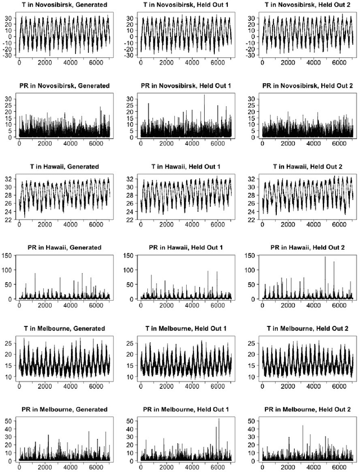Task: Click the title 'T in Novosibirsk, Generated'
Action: click(x=62, y=4)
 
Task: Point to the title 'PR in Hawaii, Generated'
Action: click(x=62, y=248)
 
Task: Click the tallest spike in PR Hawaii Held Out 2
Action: click(x=325, y=257)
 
